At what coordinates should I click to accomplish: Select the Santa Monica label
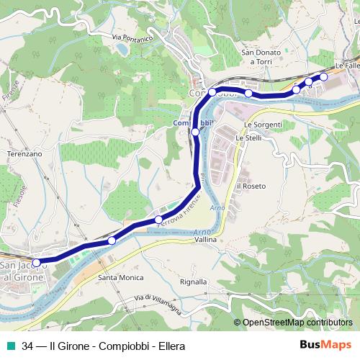coord(121,277)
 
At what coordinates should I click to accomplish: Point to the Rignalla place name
coord(193,282)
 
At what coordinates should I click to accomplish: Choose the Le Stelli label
coord(248,138)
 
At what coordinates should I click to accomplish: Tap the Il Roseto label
coord(251,186)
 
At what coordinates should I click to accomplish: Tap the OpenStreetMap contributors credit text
coord(297,323)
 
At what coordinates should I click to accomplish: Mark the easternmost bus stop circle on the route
coord(323,76)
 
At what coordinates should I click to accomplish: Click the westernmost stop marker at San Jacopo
coord(37,263)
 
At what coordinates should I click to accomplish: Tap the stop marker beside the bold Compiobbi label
coord(195,132)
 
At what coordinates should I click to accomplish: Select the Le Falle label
coord(346,66)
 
